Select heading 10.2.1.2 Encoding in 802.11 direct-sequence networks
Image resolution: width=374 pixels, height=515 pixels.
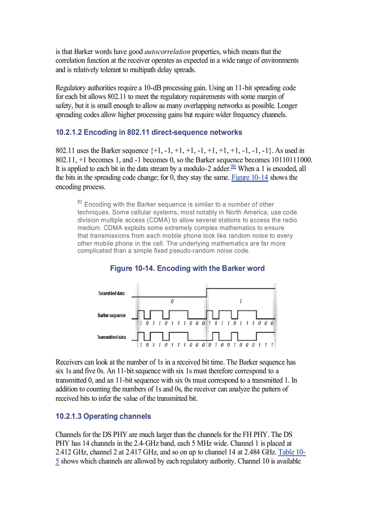(x=148, y=132)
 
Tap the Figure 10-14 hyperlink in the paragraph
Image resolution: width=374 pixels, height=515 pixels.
(x=250, y=177)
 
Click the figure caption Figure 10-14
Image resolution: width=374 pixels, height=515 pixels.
(x=187, y=268)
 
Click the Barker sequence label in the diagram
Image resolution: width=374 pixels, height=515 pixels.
(x=111, y=315)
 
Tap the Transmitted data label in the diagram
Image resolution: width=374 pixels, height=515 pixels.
(x=111, y=337)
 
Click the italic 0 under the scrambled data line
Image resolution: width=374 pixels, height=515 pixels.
(x=172, y=302)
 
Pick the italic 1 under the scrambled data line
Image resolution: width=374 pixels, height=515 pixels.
(x=241, y=302)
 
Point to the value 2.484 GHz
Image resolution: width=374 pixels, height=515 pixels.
(x=258, y=452)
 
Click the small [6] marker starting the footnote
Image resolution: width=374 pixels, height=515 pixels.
(x=80, y=202)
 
